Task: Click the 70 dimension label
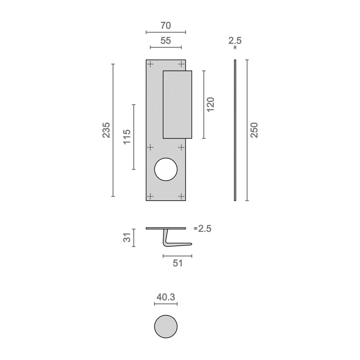[166, 25]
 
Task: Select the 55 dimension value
[166, 40]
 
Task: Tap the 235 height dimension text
[106, 130]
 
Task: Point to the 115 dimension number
[127, 136]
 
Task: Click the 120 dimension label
[211, 105]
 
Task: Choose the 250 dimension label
[254, 130]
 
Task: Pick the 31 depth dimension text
[127, 237]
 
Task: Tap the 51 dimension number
[178, 263]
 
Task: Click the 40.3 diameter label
[166, 297]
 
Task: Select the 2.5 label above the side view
[235, 40]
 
